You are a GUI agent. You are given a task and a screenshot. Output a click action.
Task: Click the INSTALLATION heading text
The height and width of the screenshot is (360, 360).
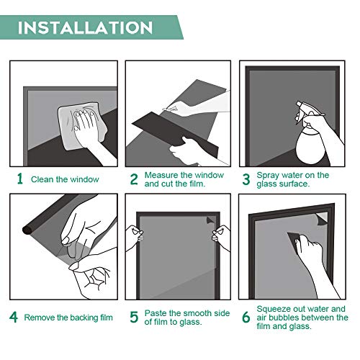tap(85, 27)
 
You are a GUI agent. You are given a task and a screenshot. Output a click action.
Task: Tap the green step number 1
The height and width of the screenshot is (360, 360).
tap(20, 179)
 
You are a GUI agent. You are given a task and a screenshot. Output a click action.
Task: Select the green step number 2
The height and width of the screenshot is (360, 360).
tap(134, 179)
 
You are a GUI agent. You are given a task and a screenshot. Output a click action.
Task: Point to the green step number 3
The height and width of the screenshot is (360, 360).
tap(246, 179)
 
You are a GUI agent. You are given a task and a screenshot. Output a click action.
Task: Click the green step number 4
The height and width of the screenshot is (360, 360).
tap(14, 318)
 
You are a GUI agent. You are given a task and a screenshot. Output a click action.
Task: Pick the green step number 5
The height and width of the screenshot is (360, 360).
tap(134, 318)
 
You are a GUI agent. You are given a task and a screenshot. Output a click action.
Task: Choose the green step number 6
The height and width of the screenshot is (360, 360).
tap(246, 318)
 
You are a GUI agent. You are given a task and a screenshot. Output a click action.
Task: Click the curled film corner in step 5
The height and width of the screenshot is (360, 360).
tap(210, 220)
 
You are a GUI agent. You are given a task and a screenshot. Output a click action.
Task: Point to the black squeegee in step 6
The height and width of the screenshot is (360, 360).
tap(295, 243)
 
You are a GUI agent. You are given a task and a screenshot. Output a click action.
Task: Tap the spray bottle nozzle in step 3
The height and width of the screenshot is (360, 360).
tap(300, 104)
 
